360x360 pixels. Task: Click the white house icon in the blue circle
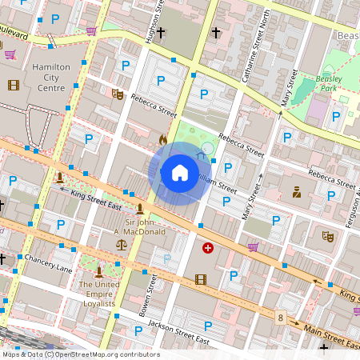[x=180, y=173]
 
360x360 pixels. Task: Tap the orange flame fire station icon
[x=163, y=139]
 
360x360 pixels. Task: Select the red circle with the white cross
[x=209, y=249]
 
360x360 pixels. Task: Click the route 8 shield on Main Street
[x=281, y=318]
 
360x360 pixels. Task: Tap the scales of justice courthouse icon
[x=121, y=243]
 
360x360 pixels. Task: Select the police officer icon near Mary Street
[x=296, y=192]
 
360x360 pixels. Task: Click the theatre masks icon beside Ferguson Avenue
[x=326, y=236]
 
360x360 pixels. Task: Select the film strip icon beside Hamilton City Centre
[x=13, y=85]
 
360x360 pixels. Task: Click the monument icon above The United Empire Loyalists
[x=98, y=273]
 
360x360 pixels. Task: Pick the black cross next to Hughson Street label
[x=161, y=33]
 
